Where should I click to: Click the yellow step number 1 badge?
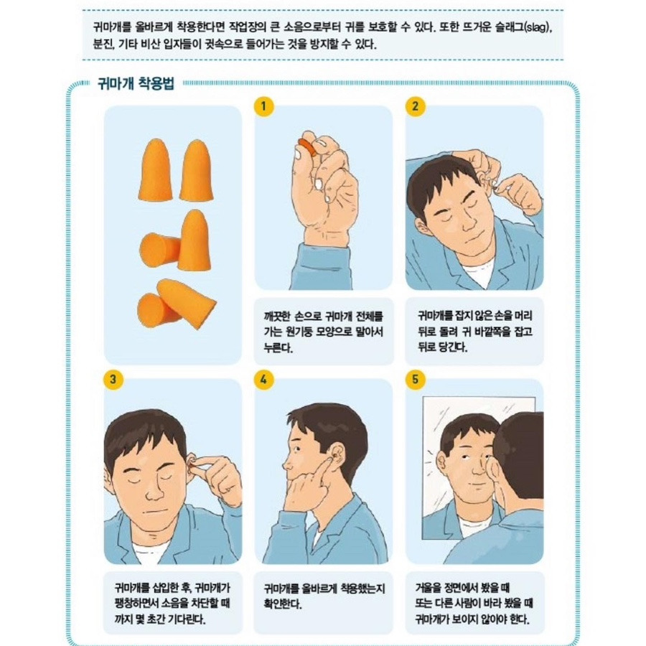[263, 106]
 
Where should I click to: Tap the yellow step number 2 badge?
[415, 106]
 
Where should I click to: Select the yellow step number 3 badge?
[113, 379]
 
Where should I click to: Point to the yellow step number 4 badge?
[263, 379]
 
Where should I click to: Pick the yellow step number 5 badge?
[415, 379]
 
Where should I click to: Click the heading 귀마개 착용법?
[136, 83]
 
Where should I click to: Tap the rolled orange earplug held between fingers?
[308, 147]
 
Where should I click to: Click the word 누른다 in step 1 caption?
[278, 347]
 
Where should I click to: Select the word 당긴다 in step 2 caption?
[454, 347]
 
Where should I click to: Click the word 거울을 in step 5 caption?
[429, 587]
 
